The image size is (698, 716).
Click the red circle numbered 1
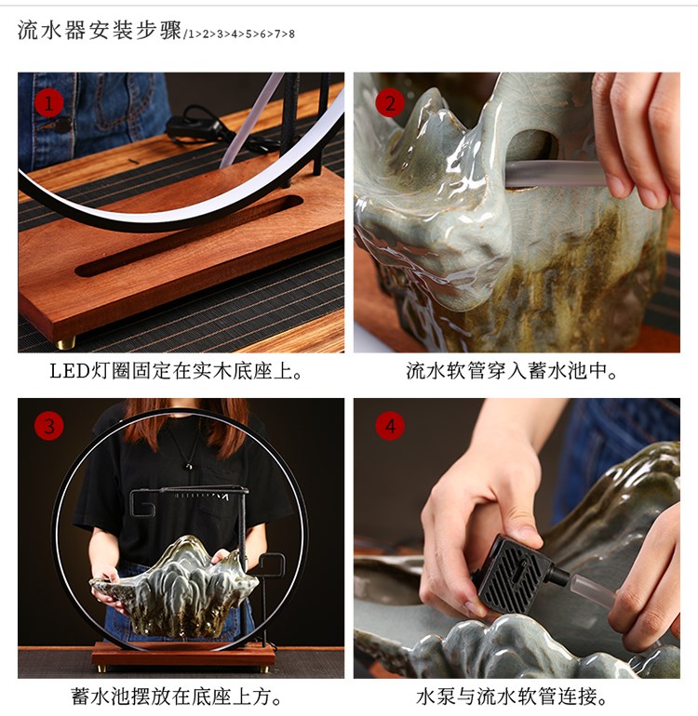[x=48, y=102]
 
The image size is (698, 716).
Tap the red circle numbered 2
[x=390, y=102]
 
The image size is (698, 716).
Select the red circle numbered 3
[x=49, y=426]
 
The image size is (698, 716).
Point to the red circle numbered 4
[x=390, y=426]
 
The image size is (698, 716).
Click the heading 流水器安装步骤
[x=100, y=31]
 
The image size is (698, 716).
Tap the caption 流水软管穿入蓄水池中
[x=512, y=371]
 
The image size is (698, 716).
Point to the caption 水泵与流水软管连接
[x=512, y=696]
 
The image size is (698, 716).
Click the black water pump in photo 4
[x=515, y=572]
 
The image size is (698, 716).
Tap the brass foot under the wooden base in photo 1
[x=66, y=342]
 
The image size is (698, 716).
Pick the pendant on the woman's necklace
[x=188, y=466]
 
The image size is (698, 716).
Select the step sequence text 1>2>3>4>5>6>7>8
[x=241, y=33]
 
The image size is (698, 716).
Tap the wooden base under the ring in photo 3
[x=183, y=655]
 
